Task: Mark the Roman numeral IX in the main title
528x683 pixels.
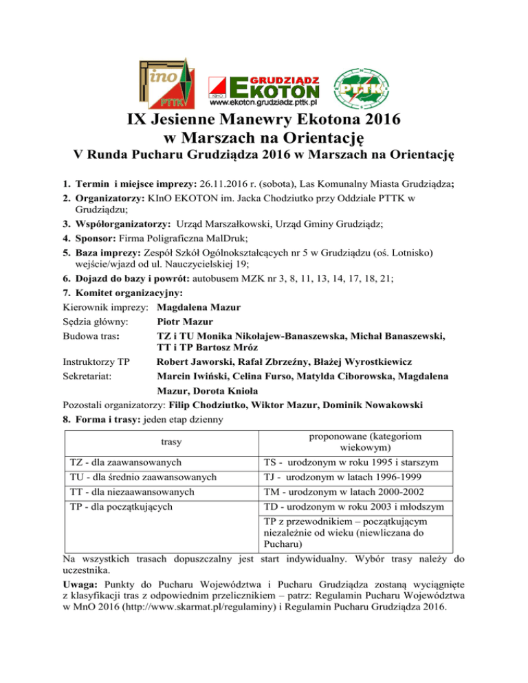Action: (141, 120)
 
